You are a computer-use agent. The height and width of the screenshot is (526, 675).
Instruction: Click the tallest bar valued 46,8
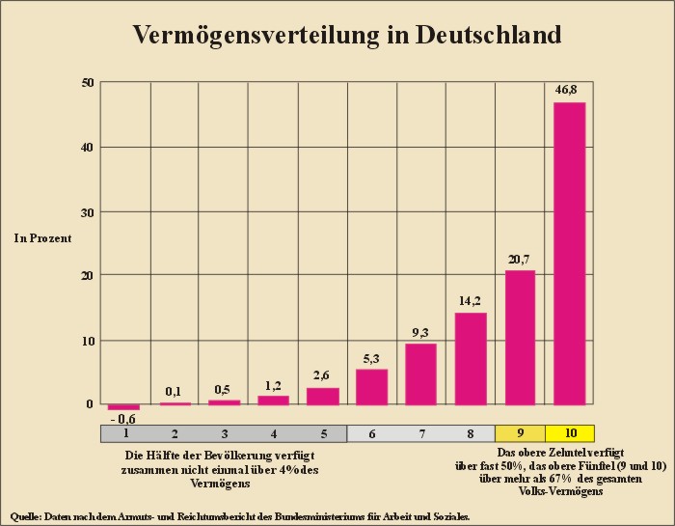point(569,253)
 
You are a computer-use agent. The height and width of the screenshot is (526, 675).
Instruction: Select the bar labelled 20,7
point(520,337)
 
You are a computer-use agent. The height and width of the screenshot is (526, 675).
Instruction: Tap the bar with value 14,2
point(471,358)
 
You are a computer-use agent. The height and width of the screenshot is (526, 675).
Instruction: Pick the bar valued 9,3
point(420,374)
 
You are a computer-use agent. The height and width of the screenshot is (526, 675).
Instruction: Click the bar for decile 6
point(371,386)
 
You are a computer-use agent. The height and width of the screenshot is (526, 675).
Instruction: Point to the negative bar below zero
point(123,407)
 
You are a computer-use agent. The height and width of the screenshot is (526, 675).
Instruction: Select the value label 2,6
point(322,375)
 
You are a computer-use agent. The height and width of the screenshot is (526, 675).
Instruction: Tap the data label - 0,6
point(122,418)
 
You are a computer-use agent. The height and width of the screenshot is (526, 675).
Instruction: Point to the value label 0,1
point(174,391)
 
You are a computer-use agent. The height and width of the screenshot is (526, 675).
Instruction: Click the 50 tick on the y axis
point(87,83)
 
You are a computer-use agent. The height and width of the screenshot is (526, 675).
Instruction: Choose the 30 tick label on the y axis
point(87,211)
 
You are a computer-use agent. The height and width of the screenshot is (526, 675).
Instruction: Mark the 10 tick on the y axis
point(87,340)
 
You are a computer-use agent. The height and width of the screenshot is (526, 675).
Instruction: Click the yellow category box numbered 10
point(570,433)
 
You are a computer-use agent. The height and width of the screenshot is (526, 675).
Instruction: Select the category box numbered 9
point(520,433)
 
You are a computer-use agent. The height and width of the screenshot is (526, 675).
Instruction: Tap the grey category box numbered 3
point(224,433)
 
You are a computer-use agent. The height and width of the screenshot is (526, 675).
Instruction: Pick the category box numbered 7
point(420,433)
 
